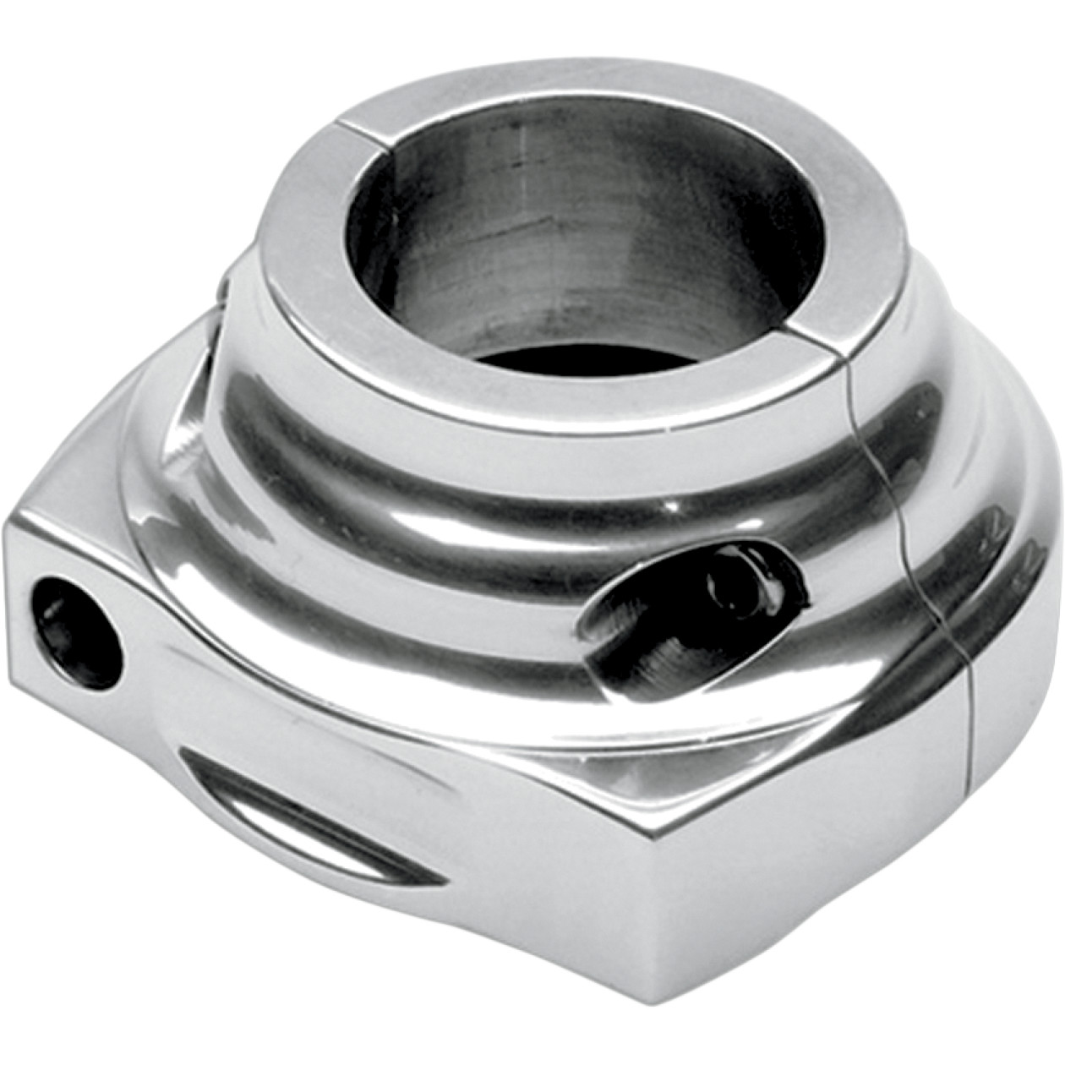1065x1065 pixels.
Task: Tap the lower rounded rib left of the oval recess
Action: click(380, 592)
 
